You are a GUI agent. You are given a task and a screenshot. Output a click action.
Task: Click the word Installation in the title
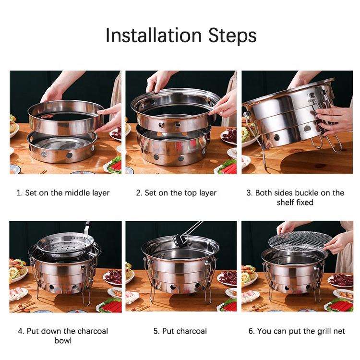tap(154, 36)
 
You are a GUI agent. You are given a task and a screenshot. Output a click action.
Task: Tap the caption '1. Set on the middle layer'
tap(63, 193)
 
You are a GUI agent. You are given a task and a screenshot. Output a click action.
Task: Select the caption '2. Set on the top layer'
tap(176, 193)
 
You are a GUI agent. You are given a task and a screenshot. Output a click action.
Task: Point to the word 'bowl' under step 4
tap(63, 340)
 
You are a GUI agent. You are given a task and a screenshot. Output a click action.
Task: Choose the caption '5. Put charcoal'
tap(180, 331)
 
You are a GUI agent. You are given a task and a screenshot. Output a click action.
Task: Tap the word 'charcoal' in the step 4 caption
tap(93, 331)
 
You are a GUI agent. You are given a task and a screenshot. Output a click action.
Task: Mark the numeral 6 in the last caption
tap(251, 332)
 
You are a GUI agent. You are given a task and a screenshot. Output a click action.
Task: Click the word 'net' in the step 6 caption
tap(339, 332)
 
